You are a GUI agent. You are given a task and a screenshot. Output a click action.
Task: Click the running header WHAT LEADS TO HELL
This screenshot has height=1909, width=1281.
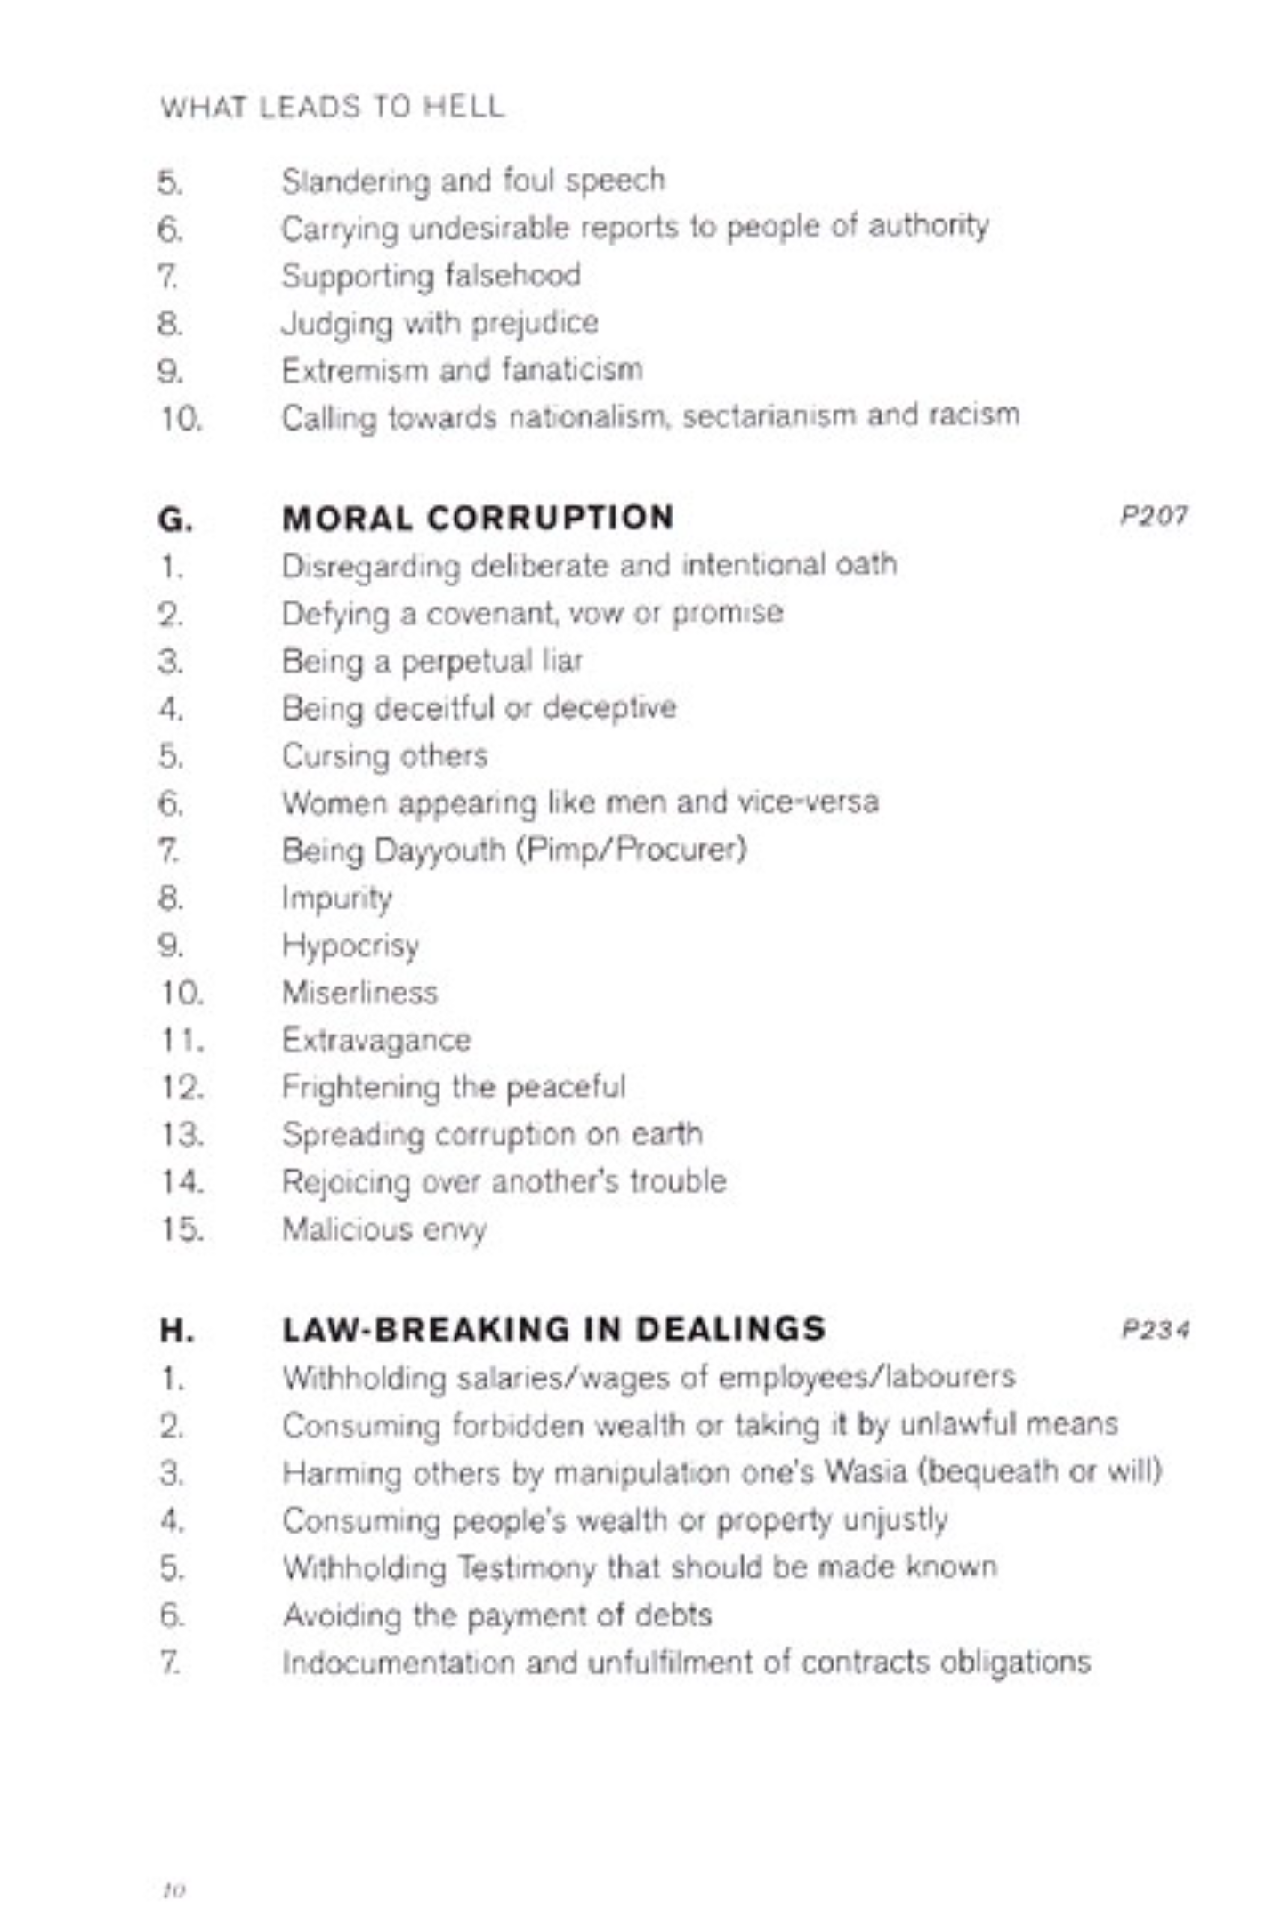[332, 107]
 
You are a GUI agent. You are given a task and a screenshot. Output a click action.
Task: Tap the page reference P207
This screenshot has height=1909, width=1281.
[1154, 516]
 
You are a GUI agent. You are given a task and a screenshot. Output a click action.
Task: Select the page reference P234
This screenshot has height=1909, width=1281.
[1155, 1330]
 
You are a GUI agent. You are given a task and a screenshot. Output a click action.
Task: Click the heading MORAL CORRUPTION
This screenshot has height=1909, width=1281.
[478, 518]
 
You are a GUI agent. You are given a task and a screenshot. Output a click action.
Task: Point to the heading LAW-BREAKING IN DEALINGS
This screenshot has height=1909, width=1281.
[553, 1329]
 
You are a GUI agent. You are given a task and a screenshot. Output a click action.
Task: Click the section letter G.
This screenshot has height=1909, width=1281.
[175, 520]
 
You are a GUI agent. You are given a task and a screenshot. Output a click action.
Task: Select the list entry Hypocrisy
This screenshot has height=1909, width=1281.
[350, 946]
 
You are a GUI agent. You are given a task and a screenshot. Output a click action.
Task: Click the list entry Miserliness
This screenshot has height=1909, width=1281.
[359, 993]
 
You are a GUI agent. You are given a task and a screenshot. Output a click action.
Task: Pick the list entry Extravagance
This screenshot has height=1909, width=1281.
[376, 1040]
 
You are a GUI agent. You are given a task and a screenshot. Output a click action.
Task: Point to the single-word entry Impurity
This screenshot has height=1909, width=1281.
[337, 898]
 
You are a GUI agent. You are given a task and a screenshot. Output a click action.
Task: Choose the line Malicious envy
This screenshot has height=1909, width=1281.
[384, 1230]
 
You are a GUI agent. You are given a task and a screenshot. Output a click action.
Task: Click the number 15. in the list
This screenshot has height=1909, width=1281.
[182, 1230]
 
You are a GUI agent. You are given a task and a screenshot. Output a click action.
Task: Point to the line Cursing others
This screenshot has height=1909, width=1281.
[384, 756]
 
